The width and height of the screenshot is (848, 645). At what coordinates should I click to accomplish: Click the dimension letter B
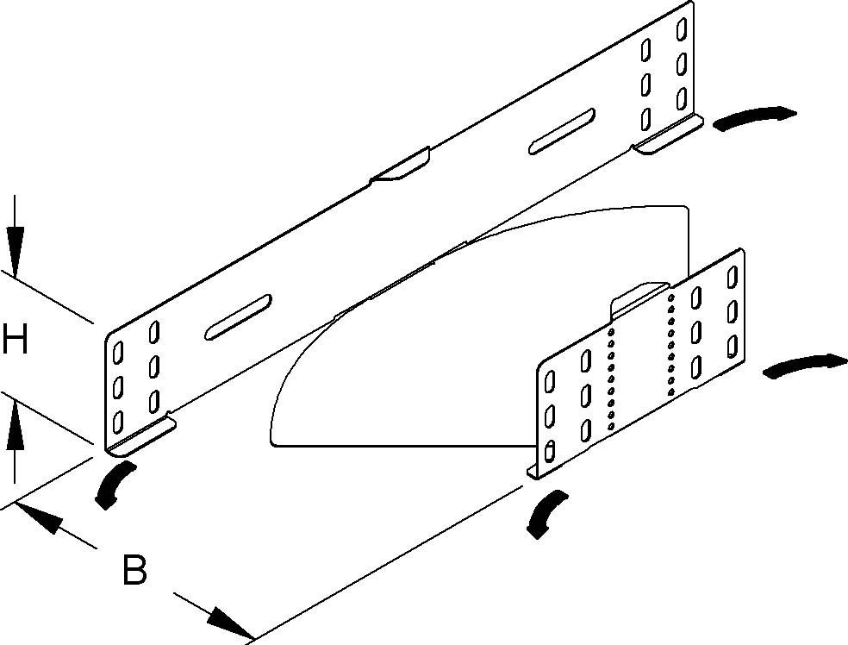click(x=134, y=569)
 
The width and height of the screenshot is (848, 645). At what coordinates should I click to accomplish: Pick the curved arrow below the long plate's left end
click(x=113, y=485)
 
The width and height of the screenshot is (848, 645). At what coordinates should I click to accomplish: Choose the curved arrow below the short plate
click(x=546, y=514)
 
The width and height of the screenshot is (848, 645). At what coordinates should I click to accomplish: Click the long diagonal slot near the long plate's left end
click(x=238, y=317)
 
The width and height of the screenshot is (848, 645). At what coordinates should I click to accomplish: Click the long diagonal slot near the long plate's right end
click(x=562, y=131)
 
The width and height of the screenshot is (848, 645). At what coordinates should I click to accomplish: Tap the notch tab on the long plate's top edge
click(x=400, y=164)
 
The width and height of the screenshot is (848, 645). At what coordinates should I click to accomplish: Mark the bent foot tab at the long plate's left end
click(x=141, y=435)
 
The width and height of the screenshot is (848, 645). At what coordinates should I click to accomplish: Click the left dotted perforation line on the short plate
click(x=611, y=379)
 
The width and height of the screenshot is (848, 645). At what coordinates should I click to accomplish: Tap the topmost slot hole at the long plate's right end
click(x=682, y=29)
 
